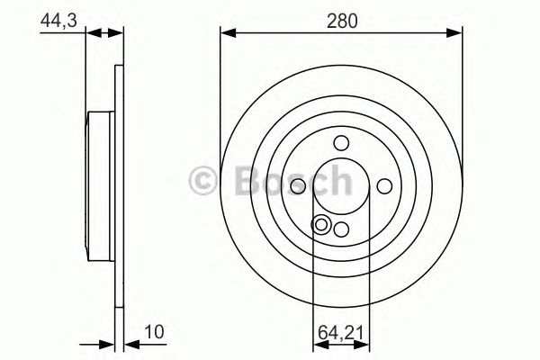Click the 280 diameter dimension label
[x=341, y=20]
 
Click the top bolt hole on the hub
[x=341, y=142]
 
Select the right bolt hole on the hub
[x=384, y=184]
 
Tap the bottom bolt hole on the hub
[x=341, y=229]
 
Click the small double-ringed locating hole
[x=321, y=224]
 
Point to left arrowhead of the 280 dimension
[x=228, y=33]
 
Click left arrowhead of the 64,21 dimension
[x=318, y=345]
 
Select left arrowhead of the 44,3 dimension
[x=93, y=33]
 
